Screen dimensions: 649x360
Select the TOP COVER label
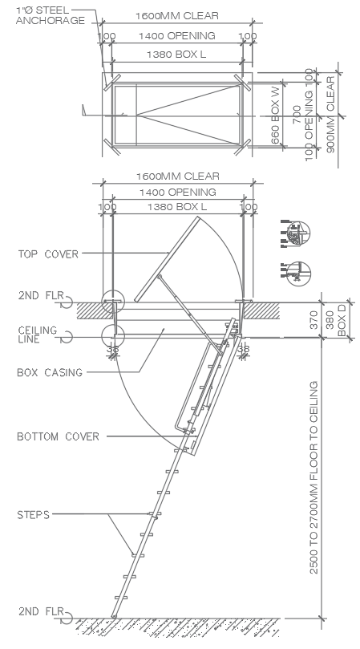click(x=48, y=254)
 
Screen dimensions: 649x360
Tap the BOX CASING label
click(x=49, y=372)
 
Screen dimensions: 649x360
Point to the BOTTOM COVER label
click(x=59, y=436)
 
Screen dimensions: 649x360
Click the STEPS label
click(x=34, y=513)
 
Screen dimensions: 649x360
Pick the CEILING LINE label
click(x=37, y=335)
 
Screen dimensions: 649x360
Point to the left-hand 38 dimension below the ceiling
click(x=112, y=349)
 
